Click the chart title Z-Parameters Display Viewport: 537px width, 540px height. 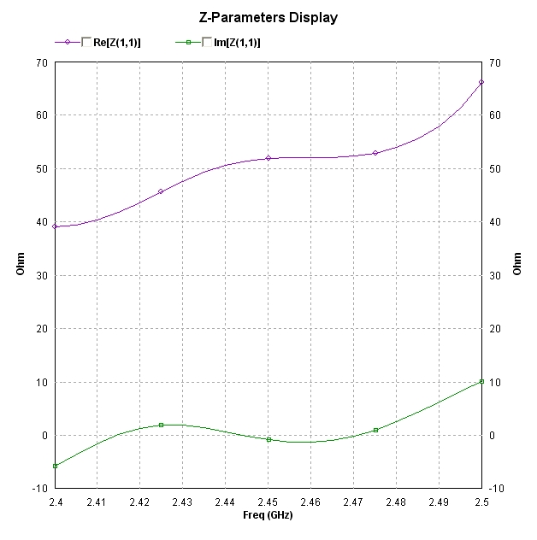click(x=268, y=17)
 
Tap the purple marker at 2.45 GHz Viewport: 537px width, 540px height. click(x=268, y=158)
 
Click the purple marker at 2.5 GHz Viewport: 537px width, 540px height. click(x=481, y=82)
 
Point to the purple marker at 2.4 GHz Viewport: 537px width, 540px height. click(x=55, y=226)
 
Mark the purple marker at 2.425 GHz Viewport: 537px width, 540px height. click(x=161, y=191)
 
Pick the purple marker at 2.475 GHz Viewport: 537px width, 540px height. click(x=375, y=153)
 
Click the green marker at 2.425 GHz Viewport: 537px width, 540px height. click(x=161, y=425)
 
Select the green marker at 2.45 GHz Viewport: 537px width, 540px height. click(x=268, y=439)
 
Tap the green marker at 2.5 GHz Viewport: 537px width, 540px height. click(x=481, y=381)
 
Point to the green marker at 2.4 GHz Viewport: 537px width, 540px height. click(x=55, y=466)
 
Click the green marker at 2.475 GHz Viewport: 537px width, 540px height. click(x=375, y=430)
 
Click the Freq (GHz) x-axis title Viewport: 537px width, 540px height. click(x=268, y=515)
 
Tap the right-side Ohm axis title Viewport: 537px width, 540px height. click(x=517, y=264)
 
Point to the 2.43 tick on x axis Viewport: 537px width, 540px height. click(x=182, y=502)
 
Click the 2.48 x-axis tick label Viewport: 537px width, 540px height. click(x=396, y=502)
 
